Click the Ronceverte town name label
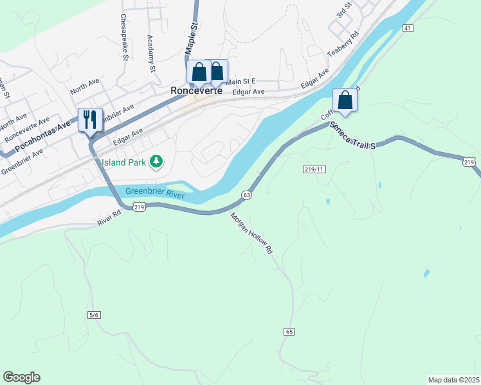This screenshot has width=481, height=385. click(x=196, y=91)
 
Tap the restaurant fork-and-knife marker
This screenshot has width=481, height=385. click(x=89, y=119)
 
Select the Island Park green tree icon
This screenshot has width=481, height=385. click(x=156, y=161)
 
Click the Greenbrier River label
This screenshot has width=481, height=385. click(x=155, y=192)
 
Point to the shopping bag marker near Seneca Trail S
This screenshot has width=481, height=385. click(x=345, y=101)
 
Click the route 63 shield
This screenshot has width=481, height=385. click(x=246, y=194)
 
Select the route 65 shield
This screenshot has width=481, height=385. click(x=288, y=331)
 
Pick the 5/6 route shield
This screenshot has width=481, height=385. click(x=94, y=314)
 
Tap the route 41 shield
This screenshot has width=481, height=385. click(x=408, y=28)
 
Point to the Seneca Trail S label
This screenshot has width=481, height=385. click(x=352, y=135)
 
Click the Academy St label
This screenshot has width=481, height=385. click(x=152, y=53)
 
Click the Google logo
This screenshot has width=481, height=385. click(x=21, y=377)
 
